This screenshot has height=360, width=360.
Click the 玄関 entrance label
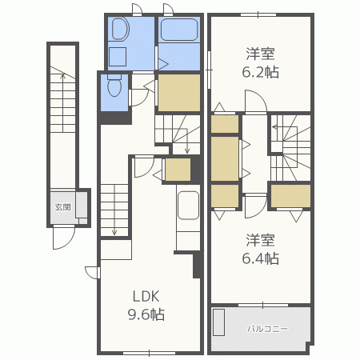click(x=62, y=207)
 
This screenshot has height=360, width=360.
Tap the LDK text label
click(x=146, y=296)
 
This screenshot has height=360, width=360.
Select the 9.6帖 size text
click(x=146, y=314)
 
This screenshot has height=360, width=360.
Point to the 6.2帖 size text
click(x=261, y=72)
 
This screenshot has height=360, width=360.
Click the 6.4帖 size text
click(x=261, y=258)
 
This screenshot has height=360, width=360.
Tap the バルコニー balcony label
click(x=267, y=329)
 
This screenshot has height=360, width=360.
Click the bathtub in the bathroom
click(x=179, y=30)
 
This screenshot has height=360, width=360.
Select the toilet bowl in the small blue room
click(x=114, y=86)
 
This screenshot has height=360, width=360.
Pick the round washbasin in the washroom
click(x=120, y=29)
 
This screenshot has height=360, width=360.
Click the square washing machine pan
click(x=118, y=57)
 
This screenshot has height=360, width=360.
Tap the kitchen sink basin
click(x=188, y=206)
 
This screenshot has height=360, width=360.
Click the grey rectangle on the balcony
click(x=218, y=322)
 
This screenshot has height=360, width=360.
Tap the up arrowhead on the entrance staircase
click(x=63, y=75)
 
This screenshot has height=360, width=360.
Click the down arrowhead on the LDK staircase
click(x=114, y=232)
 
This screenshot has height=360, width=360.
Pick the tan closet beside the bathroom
click(x=179, y=93)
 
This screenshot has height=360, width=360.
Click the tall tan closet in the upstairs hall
click(x=225, y=159)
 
